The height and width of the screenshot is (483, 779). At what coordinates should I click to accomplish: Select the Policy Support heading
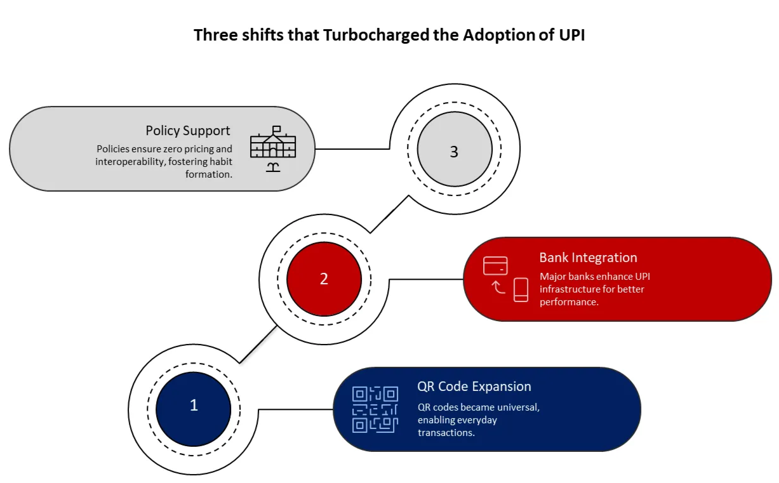[188, 131]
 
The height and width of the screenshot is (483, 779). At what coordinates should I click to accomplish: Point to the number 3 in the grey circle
[454, 152]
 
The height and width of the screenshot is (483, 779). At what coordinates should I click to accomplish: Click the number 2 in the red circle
[324, 279]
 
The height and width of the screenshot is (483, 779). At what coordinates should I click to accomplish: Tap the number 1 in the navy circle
[194, 405]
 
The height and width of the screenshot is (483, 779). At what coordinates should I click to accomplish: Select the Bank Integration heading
[588, 258]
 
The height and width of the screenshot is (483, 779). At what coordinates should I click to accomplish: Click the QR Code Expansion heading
[474, 387]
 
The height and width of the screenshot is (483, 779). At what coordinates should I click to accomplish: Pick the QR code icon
[375, 409]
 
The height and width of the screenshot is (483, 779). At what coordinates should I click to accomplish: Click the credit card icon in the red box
[495, 266]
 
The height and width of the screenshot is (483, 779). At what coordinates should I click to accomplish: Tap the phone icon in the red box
[521, 289]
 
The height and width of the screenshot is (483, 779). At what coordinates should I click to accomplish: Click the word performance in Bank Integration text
[568, 302]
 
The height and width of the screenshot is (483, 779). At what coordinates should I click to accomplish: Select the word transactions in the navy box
[446, 432]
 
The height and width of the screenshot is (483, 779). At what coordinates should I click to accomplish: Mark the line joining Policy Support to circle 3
[352, 149]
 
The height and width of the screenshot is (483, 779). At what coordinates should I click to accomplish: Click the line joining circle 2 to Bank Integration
[425, 279]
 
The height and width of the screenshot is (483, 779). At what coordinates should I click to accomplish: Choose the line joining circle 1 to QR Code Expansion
[295, 409]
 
